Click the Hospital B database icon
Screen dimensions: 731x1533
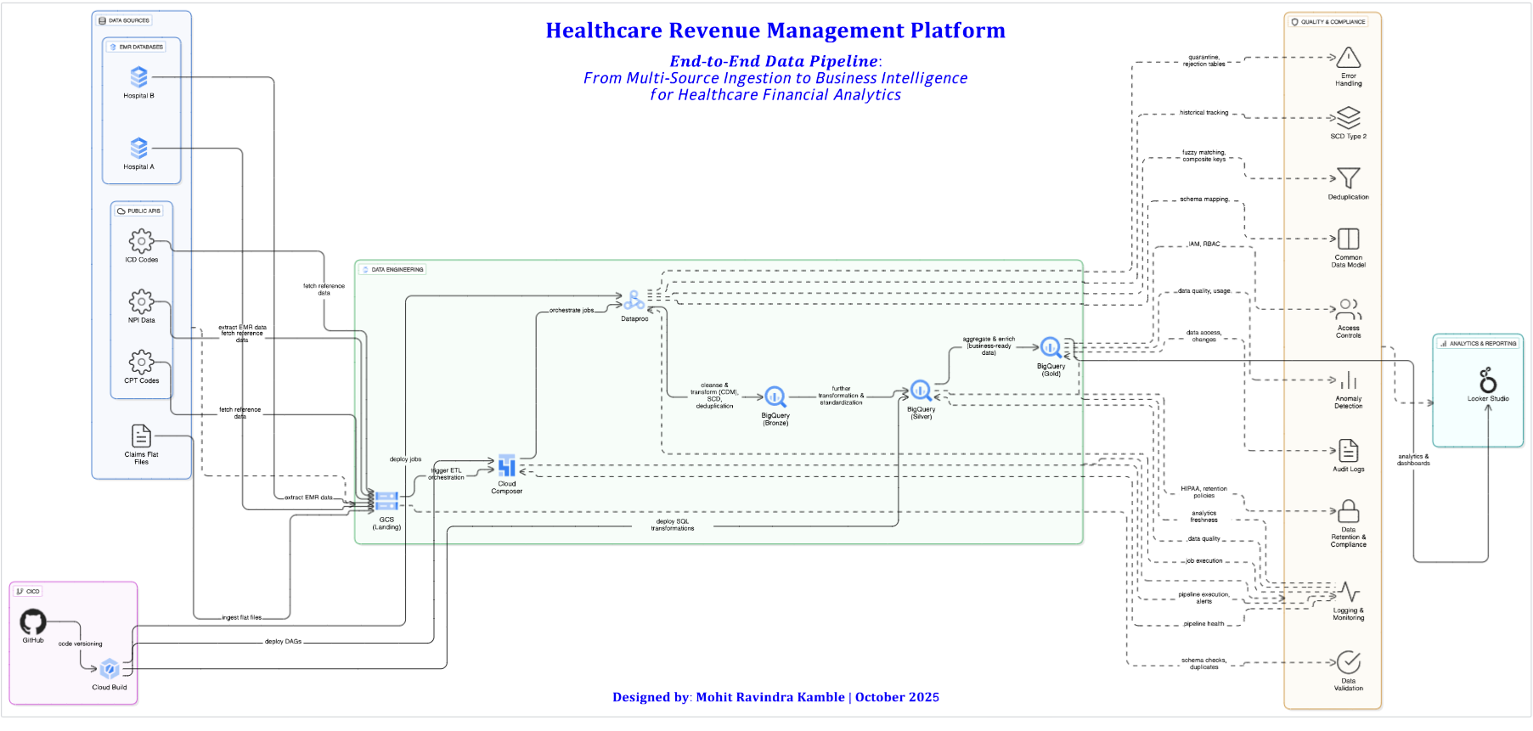139,77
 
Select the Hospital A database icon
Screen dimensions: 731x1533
139,149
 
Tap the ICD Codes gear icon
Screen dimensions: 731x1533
141,241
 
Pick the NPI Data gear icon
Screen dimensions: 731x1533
141,301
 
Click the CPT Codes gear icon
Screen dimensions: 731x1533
141,362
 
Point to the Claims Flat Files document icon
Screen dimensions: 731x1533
141,436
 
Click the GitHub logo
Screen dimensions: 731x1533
33,622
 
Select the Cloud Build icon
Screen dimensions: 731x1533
110,669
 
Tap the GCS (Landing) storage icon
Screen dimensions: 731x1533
386,501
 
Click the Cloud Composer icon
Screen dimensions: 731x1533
507,465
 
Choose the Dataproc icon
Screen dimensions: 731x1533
634,301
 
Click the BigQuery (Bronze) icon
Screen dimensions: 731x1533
775,396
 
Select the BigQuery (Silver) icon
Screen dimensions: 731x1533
921,391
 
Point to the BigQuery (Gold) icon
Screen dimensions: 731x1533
1051,347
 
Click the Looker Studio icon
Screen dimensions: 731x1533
1488,380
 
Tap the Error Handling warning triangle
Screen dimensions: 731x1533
1348,58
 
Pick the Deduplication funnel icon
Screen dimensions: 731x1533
1348,177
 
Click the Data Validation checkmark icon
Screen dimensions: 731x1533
1348,662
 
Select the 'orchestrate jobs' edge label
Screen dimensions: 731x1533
572,311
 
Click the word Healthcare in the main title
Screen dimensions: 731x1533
604,31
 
